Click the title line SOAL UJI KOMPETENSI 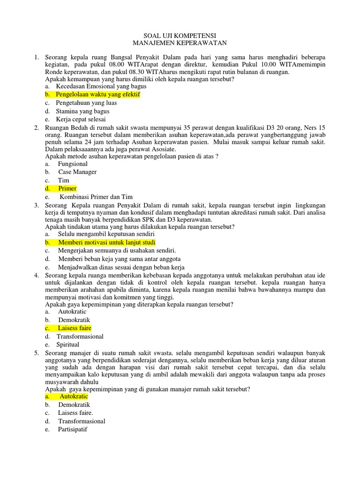[x=180, y=35]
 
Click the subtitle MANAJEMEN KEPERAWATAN [x=180, y=43]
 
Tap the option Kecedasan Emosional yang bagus [x=101, y=86]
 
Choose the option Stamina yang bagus [x=82, y=111]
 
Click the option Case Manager [x=77, y=172]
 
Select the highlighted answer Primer [x=67, y=188]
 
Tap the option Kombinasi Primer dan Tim [x=96, y=197]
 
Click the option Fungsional [x=73, y=164]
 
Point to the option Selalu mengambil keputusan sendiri [x=106, y=233]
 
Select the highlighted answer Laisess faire [x=75, y=328]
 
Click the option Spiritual [x=68, y=345]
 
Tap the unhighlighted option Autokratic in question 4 [x=73, y=311]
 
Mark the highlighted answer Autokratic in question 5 [x=74, y=397]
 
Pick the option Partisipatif [x=73, y=429]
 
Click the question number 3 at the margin [x=36, y=206]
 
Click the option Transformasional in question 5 [x=82, y=421]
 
